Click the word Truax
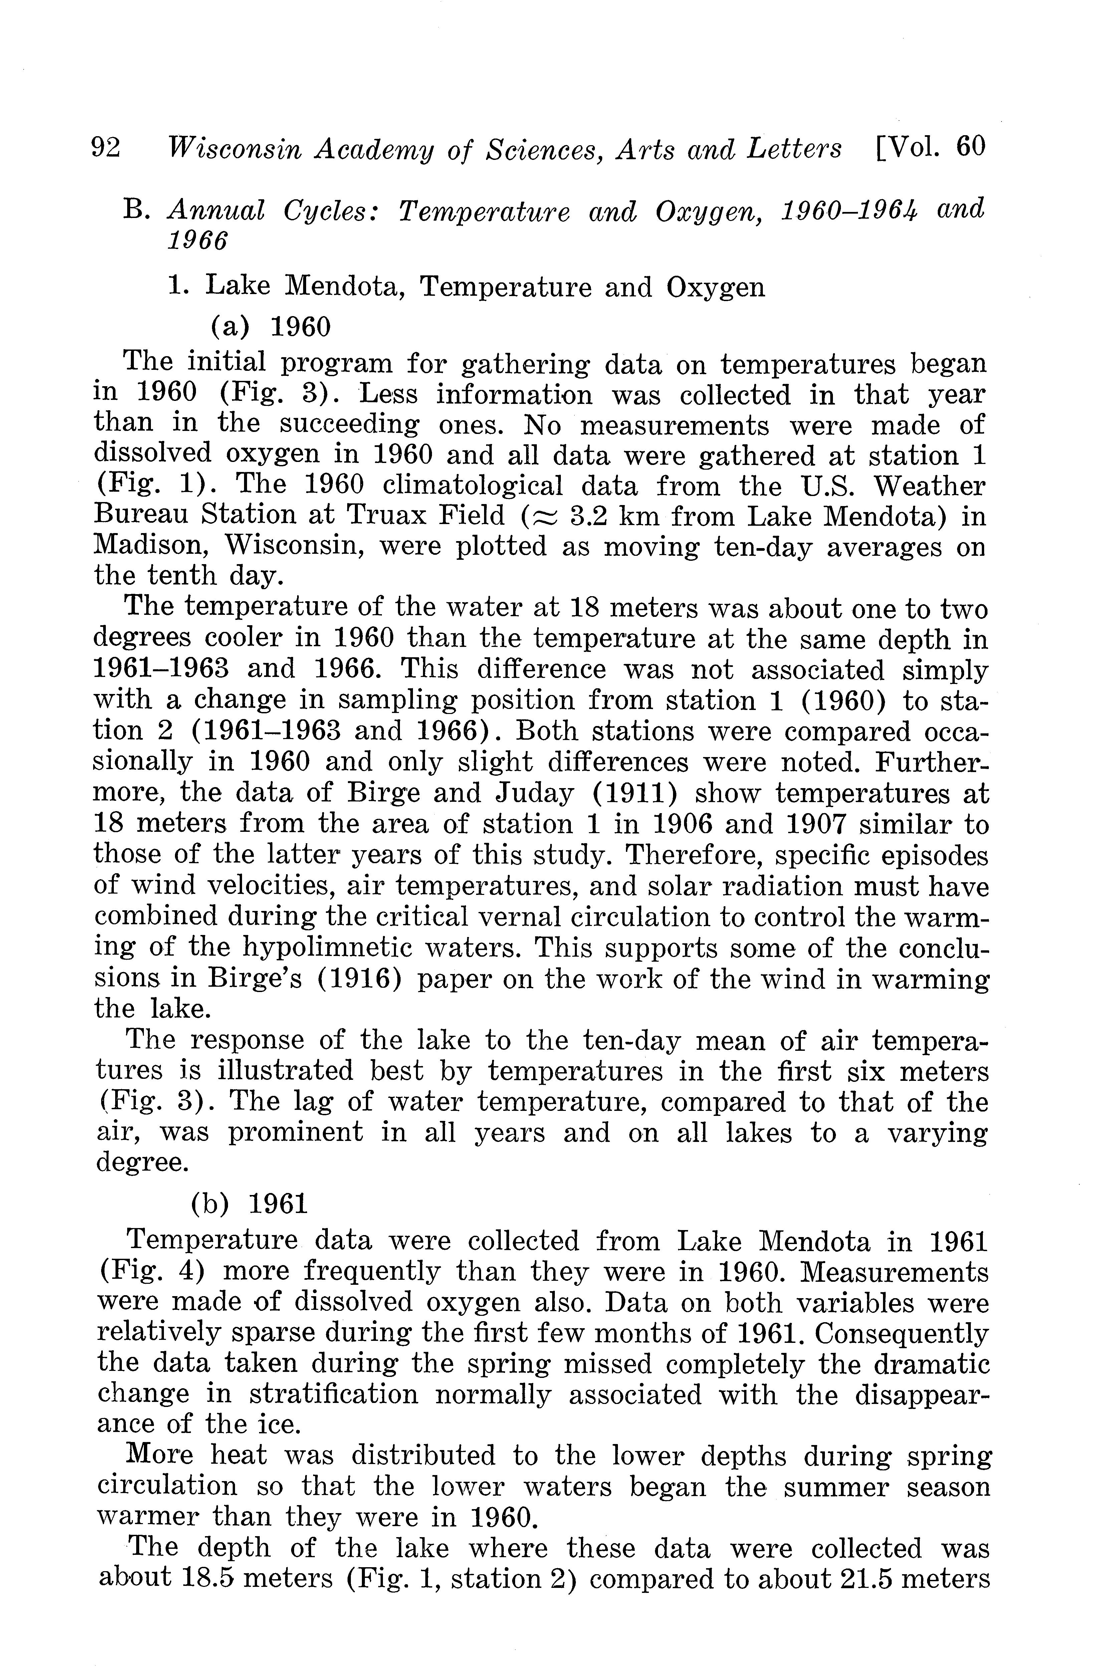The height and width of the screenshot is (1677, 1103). click(x=383, y=516)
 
